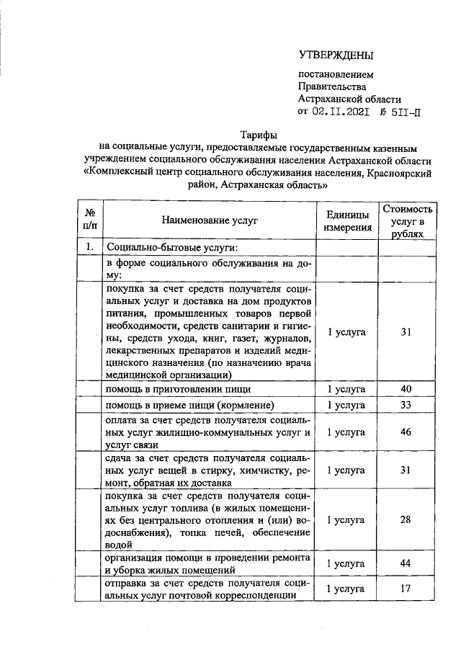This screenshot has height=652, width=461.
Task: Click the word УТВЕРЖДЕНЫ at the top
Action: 337,55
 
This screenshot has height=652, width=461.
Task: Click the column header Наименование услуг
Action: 209,220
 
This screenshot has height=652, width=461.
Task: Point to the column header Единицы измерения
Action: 347,220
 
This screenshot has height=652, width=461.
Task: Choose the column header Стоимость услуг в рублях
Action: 408,220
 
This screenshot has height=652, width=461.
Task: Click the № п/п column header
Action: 91,220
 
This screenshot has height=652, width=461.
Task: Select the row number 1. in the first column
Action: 91,249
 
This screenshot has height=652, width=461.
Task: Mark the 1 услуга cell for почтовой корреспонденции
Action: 347,589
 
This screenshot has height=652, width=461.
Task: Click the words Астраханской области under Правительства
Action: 350,99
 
